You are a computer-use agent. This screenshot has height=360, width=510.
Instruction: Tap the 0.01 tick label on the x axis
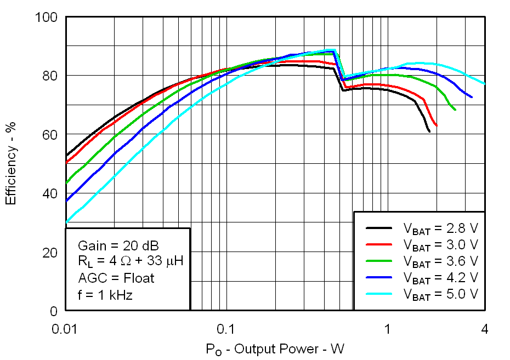(66, 329)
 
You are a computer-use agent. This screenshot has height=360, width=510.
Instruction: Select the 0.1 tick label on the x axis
(225, 329)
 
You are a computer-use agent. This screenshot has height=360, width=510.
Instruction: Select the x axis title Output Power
(275, 349)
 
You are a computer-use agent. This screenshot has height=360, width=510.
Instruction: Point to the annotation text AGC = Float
(116, 278)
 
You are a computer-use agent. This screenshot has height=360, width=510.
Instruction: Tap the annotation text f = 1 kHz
(105, 295)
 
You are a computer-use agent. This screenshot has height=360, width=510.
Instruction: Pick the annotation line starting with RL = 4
(130, 261)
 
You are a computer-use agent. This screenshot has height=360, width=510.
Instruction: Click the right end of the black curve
(429, 132)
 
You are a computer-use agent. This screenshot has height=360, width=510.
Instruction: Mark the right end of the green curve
(455, 110)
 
